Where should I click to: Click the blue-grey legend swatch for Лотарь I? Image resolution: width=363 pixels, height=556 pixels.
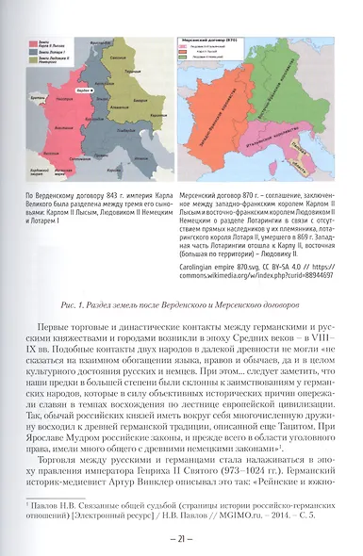point(35,50)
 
